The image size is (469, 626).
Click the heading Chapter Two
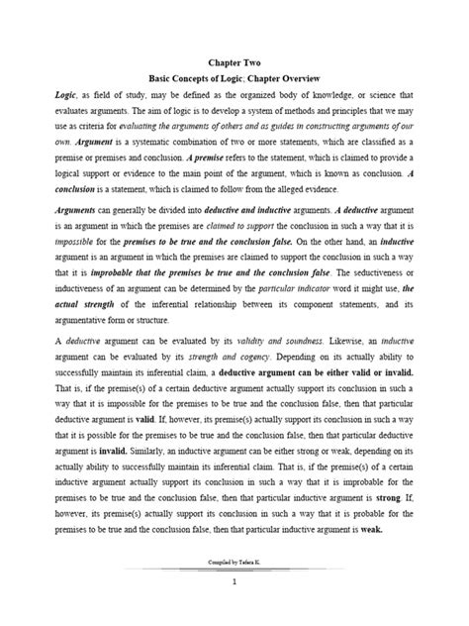(234, 59)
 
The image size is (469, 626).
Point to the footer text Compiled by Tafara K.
(234, 588)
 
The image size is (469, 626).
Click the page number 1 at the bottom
(234, 610)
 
